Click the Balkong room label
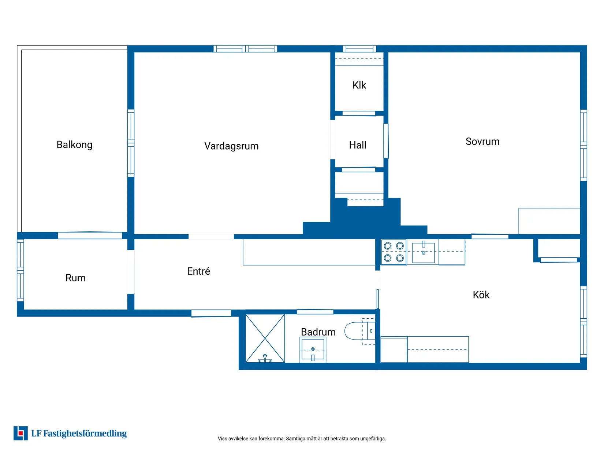click(x=74, y=145)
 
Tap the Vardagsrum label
click(x=231, y=146)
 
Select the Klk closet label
click(x=359, y=85)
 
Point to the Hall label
click(x=357, y=145)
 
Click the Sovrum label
click(x=482, y=142)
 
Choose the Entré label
click(x=198, y=271)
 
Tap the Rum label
click(x=75, y=278)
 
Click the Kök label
click(x=481, y=295)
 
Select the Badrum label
click(x=318, y=332)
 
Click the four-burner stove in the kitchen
click(x=394, y=252)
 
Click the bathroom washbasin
click(x=313, y=349)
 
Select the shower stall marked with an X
click(x=265, y=338)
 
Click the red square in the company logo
click(x=20, y=433)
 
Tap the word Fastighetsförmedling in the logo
click(x=85, y=433)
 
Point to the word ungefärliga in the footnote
click(x=373, y=439)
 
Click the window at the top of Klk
click(x=359, y=49)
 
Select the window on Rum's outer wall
click(x=20, y=270)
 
